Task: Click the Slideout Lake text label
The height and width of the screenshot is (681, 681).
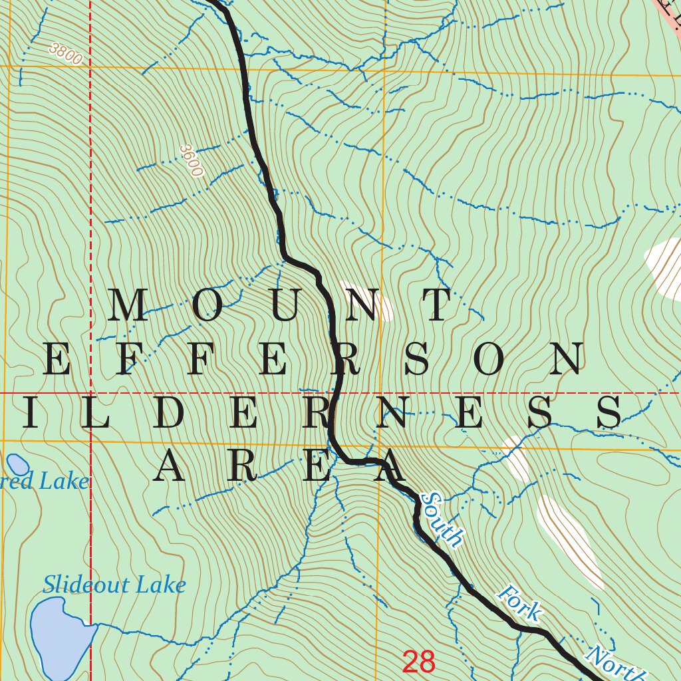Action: [x=114, y=585]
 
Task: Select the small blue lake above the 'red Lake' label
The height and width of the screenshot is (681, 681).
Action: [x=18, y=465]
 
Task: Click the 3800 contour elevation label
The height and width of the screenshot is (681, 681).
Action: [x=65, y=55]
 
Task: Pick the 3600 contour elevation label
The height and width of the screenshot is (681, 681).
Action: [x=191, y=161]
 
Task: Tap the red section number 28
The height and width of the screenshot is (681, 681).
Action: [x=419, y=662]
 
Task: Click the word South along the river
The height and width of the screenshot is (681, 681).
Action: [x=442, y=519]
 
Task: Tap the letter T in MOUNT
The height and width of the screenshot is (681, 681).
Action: [x=439, y=306]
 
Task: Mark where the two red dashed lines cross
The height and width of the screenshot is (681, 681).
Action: [x=90, y=393]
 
